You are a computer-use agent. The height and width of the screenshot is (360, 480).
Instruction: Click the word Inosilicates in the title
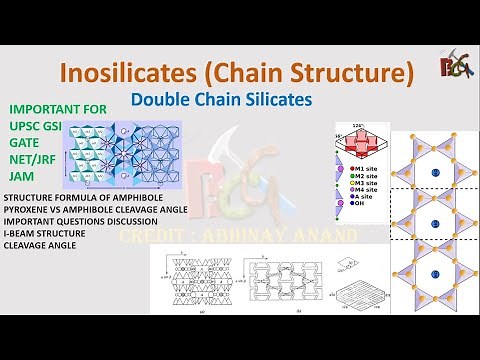click(x=133, y=73)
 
